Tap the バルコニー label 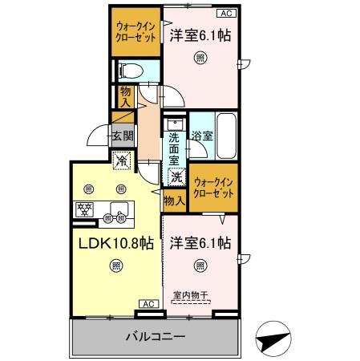[156, 337]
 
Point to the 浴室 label [201, 136]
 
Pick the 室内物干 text [190, 294]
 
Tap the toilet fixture [131, 71]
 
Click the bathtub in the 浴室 [226, 136]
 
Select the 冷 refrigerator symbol [120, 160]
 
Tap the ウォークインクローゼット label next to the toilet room [135, 34]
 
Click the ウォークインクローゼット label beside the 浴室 [213, 188]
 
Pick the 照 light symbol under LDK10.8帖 [117, 266]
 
